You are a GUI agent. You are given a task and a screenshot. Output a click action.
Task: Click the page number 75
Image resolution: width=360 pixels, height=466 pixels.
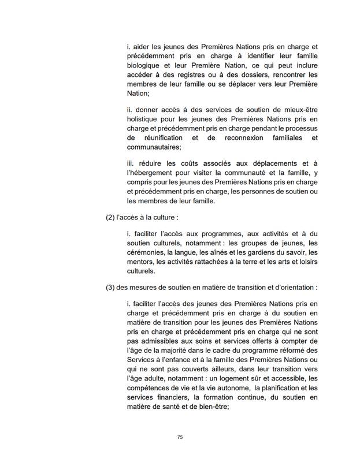180,437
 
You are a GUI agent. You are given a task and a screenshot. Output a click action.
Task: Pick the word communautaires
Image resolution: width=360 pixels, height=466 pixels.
152,148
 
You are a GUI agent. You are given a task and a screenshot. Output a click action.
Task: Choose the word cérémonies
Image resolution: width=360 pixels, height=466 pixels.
146,252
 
